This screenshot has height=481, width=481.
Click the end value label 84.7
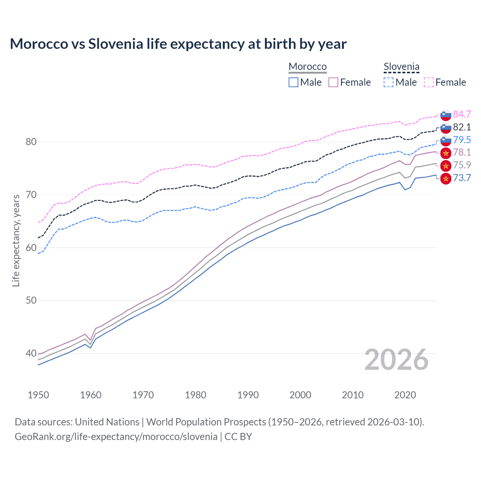pyautogui.click(x=462, y=114)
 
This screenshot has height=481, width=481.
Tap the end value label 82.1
pyautogui.click(x=462, y=127)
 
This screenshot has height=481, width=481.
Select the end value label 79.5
pyautogui.click(x=462, y=140)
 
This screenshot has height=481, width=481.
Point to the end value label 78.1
pyautogui.click(x=462, y=152)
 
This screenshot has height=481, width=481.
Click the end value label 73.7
pyautogui.click(x=462, y=178)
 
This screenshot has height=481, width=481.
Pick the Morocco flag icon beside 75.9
pyautogui.click(x=446, y=165)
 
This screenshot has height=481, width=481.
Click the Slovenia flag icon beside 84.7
pyautogui.click(x=446, y=115)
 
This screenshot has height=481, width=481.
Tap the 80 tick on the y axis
pyautogui.click(x=31, y=142)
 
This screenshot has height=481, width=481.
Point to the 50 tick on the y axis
pyautogui.click(x=31, y=300)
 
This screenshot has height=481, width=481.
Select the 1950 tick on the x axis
pyautogui.click(x=38, y=395)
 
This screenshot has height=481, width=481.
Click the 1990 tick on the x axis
pyautogui.click(x=248, y=395)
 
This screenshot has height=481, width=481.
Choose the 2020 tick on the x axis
pyautogui.click(x=405, y=395)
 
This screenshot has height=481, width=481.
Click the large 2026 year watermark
pyautogui.click(x=396, y=360)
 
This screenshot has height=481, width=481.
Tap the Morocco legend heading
pyautogui.click(x=307, y=67)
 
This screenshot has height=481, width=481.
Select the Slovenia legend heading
pyautogui.click(x=401, y=67)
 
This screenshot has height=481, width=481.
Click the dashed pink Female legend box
pyautogui.click(x=429, y=82)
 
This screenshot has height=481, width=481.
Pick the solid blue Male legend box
pyautogui.click(x=293, y=82)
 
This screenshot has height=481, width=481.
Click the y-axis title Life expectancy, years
pyautogui.click(x=16, y=240)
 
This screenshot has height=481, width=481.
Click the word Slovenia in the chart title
pyautogui.click(x=116, y=44)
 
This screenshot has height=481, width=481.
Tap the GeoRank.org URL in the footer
pyautogui.click(x=116, y=436)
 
